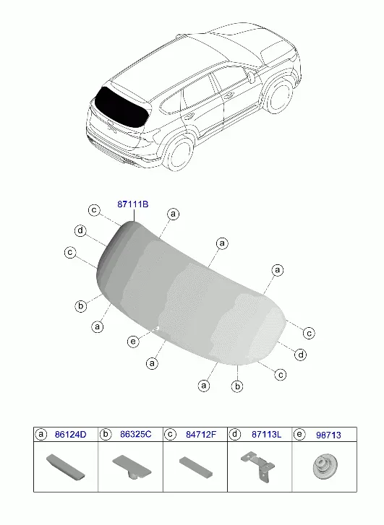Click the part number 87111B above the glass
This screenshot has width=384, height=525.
click(x=132, y=204)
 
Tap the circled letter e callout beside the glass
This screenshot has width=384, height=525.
click(x=133, y=341)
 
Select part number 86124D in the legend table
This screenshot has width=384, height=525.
click(x=70, y=435)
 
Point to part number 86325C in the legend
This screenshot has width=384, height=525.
click(x=135, y=434)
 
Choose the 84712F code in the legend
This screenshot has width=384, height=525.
click(x=201, y=435)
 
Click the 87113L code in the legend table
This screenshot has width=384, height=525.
click(x=266, y=435)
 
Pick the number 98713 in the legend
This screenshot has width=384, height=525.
click(x=328, y=435)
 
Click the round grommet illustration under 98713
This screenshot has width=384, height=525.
click(x=325, y=467)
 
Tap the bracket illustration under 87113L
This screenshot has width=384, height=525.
click(x=258, y=467)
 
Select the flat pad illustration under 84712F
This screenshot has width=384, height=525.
click(x=196, y=467)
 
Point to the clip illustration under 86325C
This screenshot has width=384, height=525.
click(x=132, y=467)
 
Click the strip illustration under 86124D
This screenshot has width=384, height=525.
click(x=65, y=467)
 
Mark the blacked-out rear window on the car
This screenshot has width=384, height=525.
click(x=121, y=108)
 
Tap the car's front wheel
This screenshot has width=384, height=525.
click(x=279, y=95)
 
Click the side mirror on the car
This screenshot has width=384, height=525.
click(x=252, y=77)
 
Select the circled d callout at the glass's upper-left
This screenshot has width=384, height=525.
click(x=80, y=230)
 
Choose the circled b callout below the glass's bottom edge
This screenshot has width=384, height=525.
click(x=237, y=386)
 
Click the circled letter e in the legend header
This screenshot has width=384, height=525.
click(x=299, y=434)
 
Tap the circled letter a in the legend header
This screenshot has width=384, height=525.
click(x=41, y=434)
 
